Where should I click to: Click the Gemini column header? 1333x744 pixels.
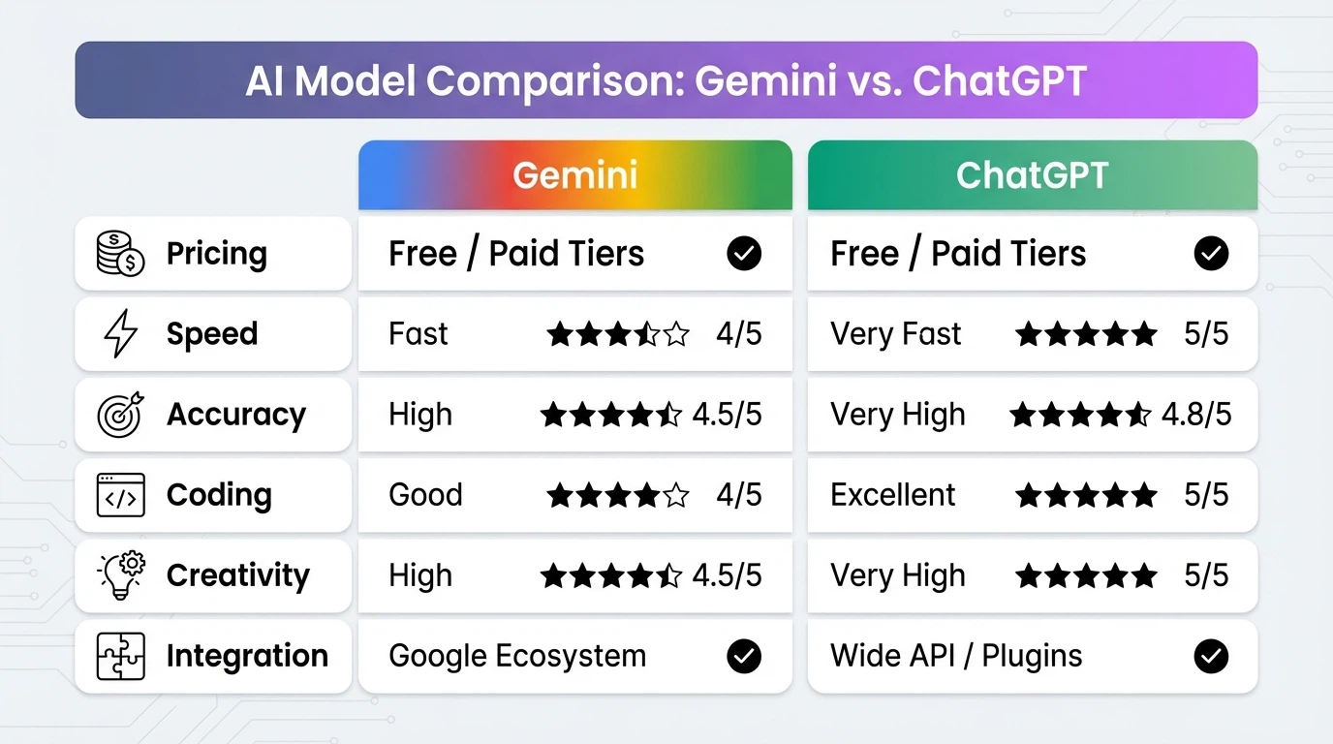574,175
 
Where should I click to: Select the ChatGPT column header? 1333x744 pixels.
1032,175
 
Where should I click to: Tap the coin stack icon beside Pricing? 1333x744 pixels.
120,254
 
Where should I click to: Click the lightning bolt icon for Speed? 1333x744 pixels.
120,334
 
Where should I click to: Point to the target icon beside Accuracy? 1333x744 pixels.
120,415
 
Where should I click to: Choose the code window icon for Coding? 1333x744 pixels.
120,495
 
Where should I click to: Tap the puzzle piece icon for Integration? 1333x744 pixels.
120,656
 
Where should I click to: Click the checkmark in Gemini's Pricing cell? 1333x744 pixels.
744,254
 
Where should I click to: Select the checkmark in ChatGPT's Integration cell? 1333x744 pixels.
1211,656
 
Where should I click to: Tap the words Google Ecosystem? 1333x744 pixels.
517,656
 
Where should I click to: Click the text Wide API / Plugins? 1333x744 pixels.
956,656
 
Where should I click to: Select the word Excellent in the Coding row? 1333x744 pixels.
892,495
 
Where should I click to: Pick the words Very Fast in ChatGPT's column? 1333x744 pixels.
895,334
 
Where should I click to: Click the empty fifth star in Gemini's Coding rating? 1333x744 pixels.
676,496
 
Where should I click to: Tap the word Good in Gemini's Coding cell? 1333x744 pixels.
425,495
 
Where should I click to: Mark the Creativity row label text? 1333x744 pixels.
237,575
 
